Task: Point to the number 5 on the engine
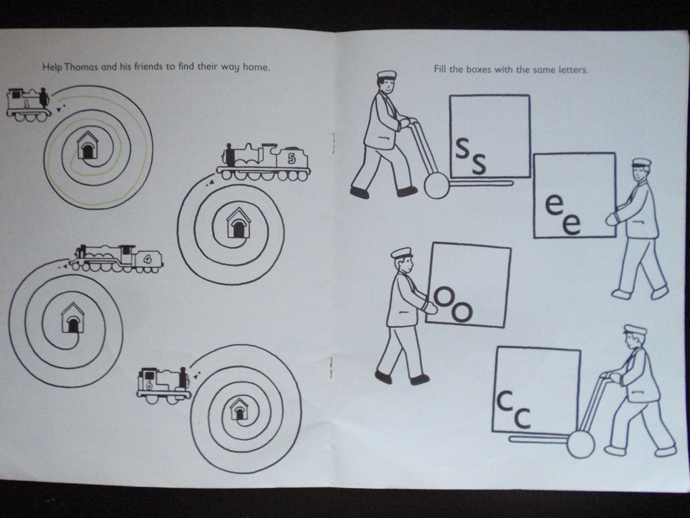pos(291,159)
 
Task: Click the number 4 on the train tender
pos(148,258)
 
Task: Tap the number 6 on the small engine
pos(148,385)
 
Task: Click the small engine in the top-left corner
pos(28,105)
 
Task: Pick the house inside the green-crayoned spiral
pos(88,146)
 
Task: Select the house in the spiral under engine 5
pos(238,223)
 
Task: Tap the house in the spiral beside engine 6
pos(239,409)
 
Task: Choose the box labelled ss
pos(490,136)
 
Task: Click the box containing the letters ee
pos(574,196)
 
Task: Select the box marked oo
pos(468,285)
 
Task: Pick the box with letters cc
pos(536,390)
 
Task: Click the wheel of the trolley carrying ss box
pos(437,185)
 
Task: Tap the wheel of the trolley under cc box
pos(580,444)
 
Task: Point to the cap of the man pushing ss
pos(386,75)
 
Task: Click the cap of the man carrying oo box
pos(402,253)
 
